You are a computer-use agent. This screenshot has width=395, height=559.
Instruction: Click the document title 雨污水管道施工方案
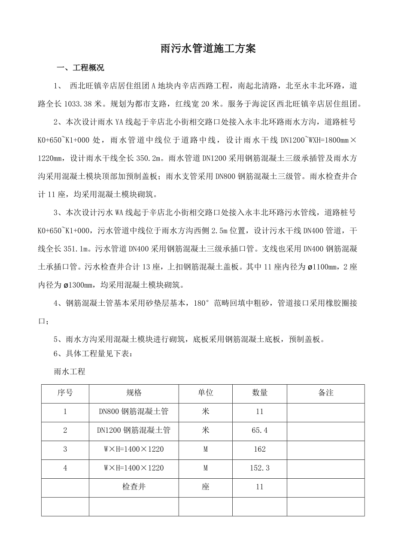208,49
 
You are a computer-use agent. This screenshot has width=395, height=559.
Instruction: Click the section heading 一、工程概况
81,68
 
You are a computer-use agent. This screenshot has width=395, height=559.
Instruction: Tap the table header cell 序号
65,392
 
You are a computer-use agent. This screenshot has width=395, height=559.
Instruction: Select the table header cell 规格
134,392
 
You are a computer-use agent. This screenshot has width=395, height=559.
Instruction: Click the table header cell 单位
205,392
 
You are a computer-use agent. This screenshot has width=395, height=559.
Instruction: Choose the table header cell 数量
259,392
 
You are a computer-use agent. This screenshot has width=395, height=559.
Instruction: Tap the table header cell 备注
326,392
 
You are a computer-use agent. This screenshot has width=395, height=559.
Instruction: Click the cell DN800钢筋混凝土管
134,411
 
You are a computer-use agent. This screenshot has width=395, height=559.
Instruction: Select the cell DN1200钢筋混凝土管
134,430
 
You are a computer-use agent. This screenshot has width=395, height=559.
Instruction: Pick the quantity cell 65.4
259,430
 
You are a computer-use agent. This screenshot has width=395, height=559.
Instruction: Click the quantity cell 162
259,449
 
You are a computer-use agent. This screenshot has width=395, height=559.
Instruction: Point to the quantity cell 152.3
259,468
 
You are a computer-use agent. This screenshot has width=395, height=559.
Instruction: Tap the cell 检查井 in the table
134,487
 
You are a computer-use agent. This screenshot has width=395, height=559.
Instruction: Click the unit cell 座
205,487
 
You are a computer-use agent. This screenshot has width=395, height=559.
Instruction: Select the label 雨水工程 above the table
69,372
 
